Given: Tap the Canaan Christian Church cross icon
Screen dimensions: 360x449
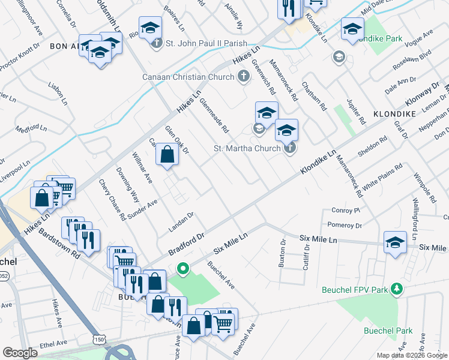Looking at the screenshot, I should pos(243,77).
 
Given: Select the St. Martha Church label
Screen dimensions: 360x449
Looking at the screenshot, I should pos(247,148).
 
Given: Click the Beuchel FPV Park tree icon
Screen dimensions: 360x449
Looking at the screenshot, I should pos(396,290).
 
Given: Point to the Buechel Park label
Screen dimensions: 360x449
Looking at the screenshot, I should pos(388,331).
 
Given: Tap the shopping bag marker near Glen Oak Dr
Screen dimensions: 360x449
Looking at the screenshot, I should pos(167,155).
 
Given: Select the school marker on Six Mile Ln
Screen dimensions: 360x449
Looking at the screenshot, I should pos(395,242).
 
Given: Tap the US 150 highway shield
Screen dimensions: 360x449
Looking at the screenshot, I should pos(98,340).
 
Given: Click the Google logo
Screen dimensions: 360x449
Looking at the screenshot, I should pos(20,353).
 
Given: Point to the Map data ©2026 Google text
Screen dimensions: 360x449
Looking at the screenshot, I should pos(412,355).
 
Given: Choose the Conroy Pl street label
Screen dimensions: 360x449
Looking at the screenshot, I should pos(345,211).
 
